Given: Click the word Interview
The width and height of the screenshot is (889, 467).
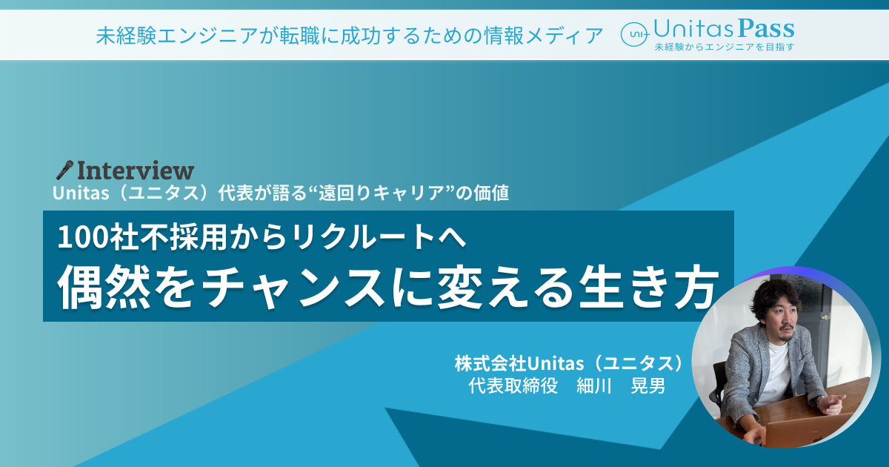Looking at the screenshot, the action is pos(136,170).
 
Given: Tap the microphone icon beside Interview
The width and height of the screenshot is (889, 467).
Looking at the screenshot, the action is pos(64,170).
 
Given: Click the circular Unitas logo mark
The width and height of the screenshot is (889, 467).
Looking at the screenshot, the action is pos(634,35).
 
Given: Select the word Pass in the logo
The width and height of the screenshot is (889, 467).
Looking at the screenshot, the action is pos(766,29).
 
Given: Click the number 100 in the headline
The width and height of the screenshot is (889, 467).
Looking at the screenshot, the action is pos(83,237).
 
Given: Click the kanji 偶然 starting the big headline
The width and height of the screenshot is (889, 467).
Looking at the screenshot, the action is pos(104,287).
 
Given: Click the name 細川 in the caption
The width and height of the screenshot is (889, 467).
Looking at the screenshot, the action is pos(593,385).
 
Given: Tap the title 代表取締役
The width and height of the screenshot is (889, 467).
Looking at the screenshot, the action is pos(513,385).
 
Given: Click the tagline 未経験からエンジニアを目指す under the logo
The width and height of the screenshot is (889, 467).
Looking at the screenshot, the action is pos(725,47).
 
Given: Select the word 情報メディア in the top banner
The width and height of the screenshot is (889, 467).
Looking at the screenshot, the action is pos(543,36).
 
